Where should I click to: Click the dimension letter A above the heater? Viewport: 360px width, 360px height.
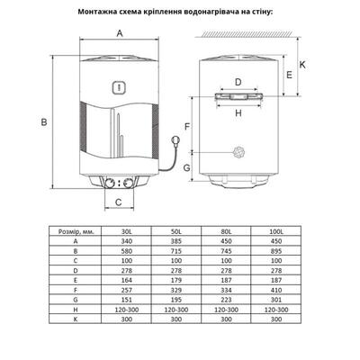coord(120,32)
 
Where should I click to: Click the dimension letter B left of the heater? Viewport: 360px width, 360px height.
coord(44,122)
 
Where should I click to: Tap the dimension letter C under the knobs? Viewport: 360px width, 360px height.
coord(119,202)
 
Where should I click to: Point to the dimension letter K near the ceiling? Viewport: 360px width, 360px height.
coord(302,64)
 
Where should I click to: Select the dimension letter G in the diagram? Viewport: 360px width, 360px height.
coord(186,167)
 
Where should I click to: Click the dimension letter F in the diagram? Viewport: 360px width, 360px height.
coord(187,127)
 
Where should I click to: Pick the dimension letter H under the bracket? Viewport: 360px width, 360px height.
coord(238,113)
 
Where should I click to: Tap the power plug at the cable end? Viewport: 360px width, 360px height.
coord(175,140)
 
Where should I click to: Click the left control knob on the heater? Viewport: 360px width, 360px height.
coord(110,183)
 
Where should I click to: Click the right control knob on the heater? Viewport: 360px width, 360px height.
coord(129,183)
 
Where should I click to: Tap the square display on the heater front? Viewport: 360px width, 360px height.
coord(119,87)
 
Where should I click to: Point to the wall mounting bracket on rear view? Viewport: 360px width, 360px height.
coord(238,96)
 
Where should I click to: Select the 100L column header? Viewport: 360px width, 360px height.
coord(276,231)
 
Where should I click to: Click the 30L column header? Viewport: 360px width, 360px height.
coord(127,231)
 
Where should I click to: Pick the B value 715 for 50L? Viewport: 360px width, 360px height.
coord(176,251)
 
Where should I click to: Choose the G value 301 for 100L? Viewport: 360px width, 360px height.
coord(276,300)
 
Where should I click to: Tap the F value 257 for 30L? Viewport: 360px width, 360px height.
coord(127,290)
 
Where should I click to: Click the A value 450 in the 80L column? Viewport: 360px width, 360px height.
coord(226,241)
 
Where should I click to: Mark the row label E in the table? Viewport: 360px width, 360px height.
coord(76,280)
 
